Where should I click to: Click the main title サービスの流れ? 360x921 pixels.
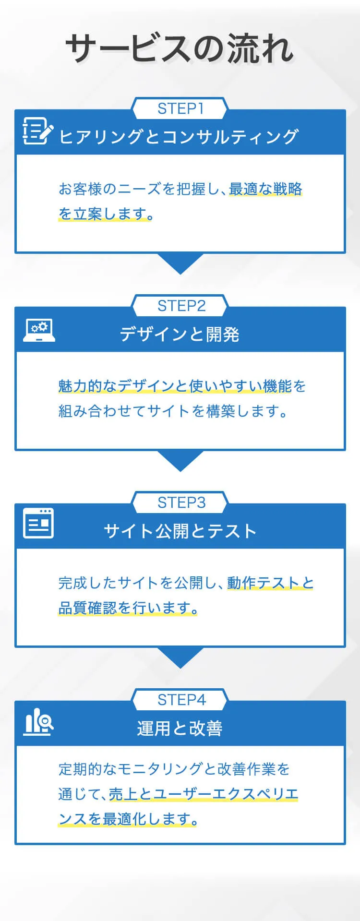coord(180,48)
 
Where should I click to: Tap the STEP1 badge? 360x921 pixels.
coord(180,109)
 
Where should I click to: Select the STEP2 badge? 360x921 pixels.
coord(181,306)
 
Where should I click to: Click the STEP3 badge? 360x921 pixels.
coord(181,502)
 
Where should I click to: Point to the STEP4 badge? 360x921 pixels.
coord(181,700)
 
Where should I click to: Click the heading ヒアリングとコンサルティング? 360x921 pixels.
coord(179,137)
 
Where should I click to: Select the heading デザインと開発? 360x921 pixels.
coord(180,334)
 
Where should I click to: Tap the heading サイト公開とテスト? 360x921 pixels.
coord(180,531)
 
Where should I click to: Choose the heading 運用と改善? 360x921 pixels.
coord(180,728)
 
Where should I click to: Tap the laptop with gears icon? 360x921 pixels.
coord(39,331)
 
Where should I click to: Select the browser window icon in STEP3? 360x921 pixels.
coord(38,523)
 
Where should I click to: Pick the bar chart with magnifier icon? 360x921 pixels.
coord(38,722)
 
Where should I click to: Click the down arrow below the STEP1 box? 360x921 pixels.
coord(180,263)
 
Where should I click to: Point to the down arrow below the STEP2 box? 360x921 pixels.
coord(180,460)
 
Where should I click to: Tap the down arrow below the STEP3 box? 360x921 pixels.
coord(180,657)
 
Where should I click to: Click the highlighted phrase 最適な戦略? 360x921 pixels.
coord(265,189)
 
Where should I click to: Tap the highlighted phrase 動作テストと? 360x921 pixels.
coord(270,583)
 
